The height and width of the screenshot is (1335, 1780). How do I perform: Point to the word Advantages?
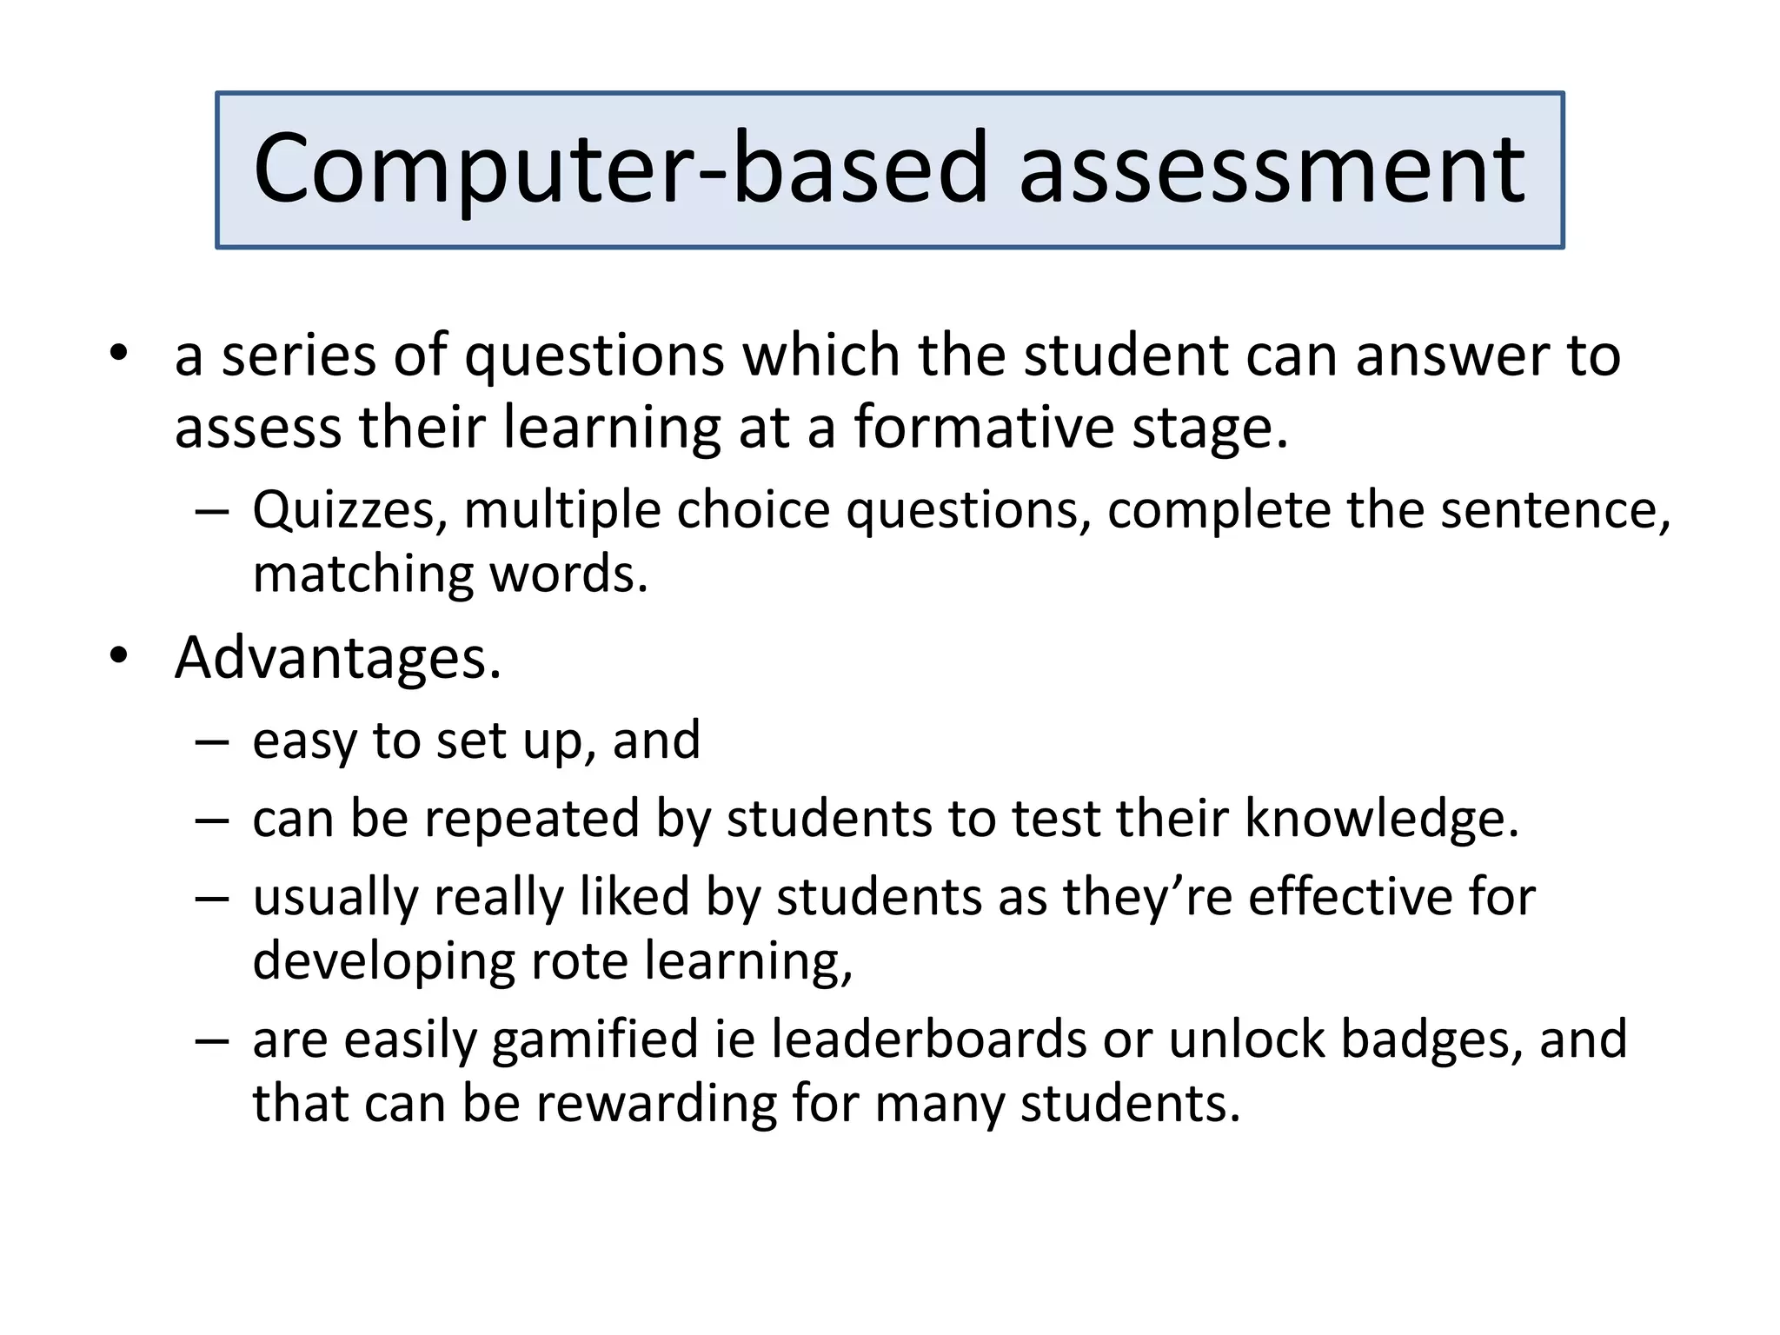[337, 658]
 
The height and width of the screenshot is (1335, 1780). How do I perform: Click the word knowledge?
[1381, 819]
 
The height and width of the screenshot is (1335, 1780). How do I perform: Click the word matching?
[362, 575]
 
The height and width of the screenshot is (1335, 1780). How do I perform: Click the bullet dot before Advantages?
[119, 656]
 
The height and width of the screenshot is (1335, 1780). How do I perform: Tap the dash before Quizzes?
[212, 511]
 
